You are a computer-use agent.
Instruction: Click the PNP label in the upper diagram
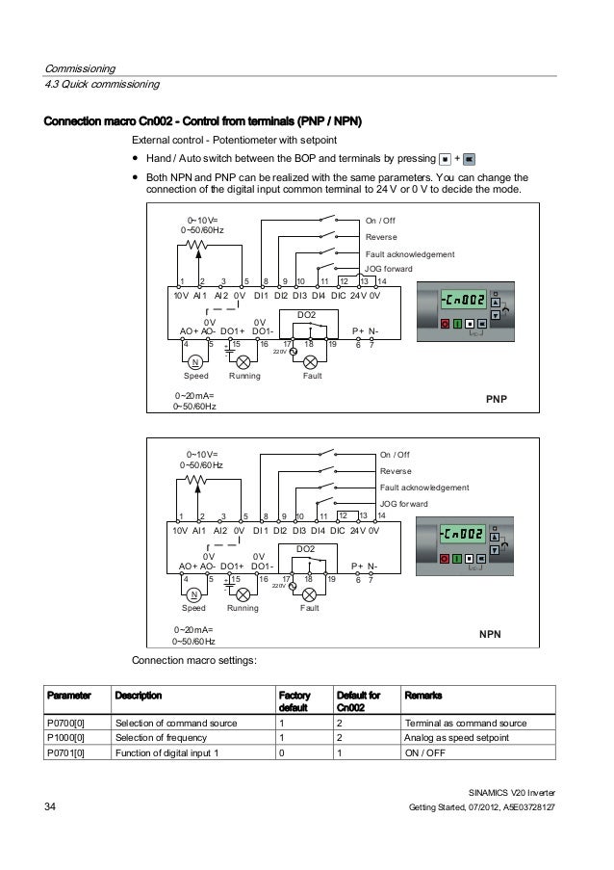click(497, 397)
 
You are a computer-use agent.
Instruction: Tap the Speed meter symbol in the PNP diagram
click(195, 362)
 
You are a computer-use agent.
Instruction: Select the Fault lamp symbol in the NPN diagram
click(310, 595)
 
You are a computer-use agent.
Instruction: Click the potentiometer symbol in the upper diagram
click(196, 245)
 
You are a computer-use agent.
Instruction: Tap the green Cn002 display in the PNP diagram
click(461, 301)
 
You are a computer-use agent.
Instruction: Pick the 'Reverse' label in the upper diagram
click(382, 237)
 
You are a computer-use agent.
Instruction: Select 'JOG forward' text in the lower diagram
click(404, 504)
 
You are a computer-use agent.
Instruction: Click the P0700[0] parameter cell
click(64, 723)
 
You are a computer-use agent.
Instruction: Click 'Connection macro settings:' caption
click(193, 662)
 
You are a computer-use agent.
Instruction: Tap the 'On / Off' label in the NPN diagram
click(395, 455)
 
